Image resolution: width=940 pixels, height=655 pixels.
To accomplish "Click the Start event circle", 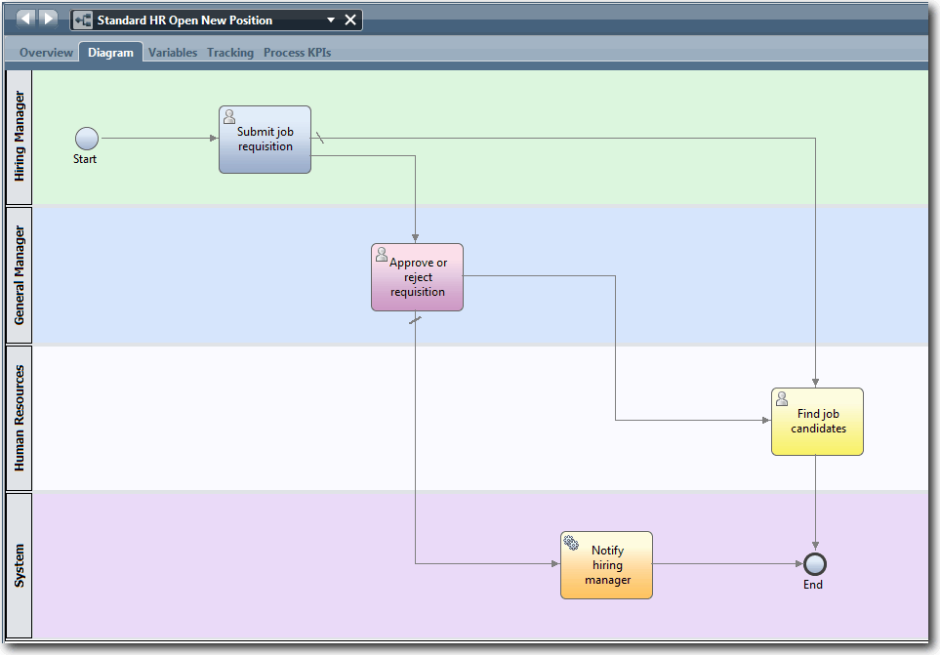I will pos(87,139).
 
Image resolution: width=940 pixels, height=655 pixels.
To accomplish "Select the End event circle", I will pos(814,564).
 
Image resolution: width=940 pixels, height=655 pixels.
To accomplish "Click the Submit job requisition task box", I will pos(265,140).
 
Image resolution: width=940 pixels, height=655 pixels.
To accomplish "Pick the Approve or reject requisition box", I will pos(417,277).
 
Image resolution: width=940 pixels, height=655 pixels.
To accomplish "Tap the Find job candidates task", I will pos(817,422).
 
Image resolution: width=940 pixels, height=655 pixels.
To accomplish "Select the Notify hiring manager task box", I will pos(606,565).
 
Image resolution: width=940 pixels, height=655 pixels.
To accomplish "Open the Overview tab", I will pos(46,53).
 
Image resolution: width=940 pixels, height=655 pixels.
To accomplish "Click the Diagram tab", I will pos(110,53).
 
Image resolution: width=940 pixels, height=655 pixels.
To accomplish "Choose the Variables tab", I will pos(173,53).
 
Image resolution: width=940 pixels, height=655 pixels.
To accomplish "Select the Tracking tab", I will pos(230,53).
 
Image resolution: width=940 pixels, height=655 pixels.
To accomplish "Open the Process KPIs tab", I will pos(297,53).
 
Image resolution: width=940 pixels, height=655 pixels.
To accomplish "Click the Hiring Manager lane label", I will pos(20,137).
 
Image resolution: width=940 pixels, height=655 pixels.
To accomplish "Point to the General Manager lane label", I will pos(20,275).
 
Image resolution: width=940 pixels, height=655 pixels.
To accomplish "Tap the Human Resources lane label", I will pos(20,418).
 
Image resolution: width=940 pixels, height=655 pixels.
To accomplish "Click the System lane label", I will pos(20,565).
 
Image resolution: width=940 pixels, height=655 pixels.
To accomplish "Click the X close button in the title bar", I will pos(350,20).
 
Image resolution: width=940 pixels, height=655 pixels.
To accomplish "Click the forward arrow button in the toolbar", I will pos(48,20).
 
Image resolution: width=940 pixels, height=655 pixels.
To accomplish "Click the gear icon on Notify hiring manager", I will pos(571,543).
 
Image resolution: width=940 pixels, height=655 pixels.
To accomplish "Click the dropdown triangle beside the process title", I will pos(331,20).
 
